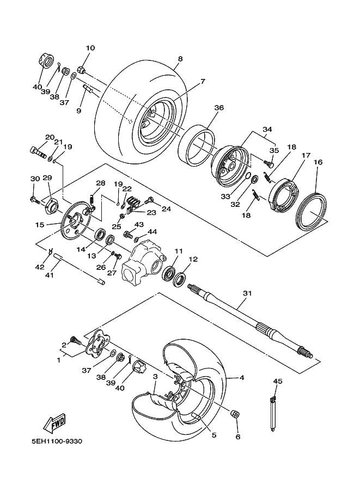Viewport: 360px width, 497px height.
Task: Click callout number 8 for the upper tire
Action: pyautogui.click(x=179, y=59)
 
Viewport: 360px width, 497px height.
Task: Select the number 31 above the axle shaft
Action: pyautogui.click(x=247, y=293)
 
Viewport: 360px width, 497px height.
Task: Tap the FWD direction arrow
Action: pyautogui.click(x=55, y=422)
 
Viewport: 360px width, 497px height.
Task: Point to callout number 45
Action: pyautogui.click(x=278, y=382)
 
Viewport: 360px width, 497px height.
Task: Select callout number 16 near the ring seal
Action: pyautogui.click(x=318, y=162)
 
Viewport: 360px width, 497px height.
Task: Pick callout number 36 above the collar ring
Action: pyautogui.click(x=218, y=108)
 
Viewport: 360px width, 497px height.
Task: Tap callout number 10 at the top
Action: pyautogui.click(x=90, y=48)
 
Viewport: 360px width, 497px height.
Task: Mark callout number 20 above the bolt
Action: pyautogui.click(x=50, y=137)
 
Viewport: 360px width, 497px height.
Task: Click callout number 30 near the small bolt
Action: pyautogui.click(x=35, y=179)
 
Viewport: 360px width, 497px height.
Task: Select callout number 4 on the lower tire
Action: pyautogui.click(x=242, y=378)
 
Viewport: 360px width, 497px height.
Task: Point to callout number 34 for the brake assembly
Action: pyautogui.click(x=267, y=130)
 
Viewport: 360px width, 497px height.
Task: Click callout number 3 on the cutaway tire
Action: pyautogui.click(x=155, y=377)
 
